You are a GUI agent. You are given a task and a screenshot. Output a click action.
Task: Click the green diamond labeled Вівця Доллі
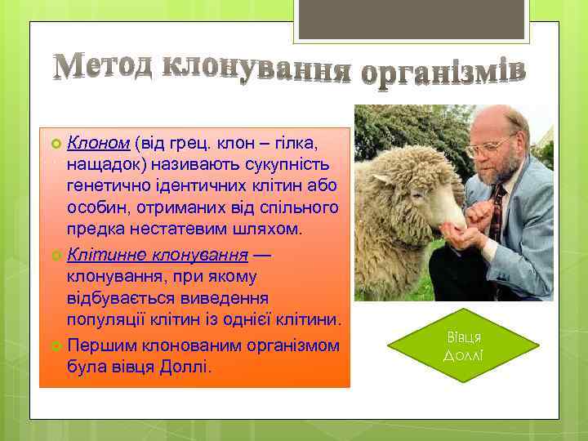coord(465,346)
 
